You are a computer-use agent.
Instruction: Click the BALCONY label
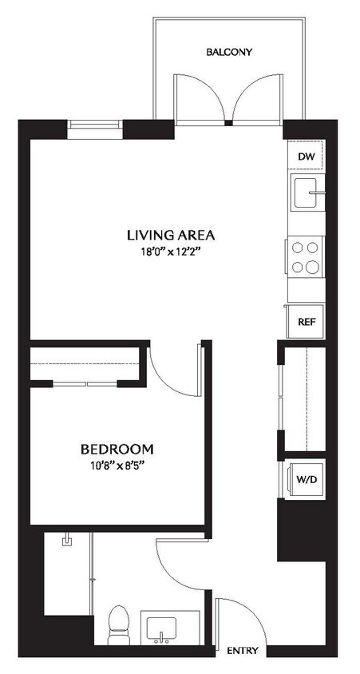229,53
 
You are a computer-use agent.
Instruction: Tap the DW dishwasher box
307,157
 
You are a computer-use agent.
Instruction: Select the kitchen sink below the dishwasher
307,192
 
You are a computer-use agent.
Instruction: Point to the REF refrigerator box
305,322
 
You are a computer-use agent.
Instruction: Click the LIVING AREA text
171,236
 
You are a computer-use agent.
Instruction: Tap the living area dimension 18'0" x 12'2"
171,252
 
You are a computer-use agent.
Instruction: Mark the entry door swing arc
240,619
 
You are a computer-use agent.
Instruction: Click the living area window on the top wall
94,125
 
